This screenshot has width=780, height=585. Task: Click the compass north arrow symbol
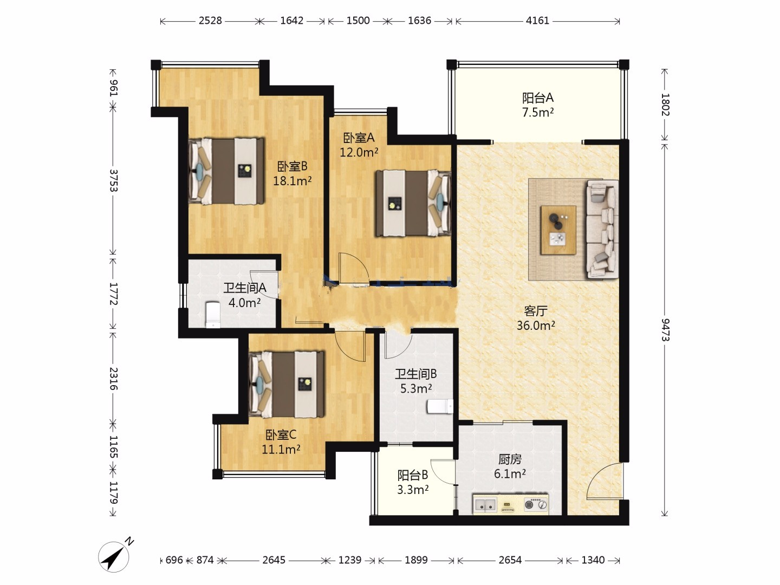[x=114, y=556]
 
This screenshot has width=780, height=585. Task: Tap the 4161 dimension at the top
[x=537, y=21]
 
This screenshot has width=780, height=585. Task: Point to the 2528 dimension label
[x=210, y=21]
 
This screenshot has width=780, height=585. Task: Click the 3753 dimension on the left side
[x=113, y=180]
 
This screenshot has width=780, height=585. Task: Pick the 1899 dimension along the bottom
[x=416, y=560]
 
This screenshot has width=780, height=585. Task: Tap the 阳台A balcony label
[x=538, y=97]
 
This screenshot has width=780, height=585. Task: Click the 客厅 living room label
[x=536, y=311]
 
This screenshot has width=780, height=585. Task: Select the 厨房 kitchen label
[x=510, y=460]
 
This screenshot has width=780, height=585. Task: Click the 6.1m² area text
[x=510, y=474]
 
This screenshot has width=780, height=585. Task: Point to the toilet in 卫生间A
[x=213, y=314]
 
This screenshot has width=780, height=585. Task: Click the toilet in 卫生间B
[x=440, y=407]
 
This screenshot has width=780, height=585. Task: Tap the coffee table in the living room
[x=558, y=230]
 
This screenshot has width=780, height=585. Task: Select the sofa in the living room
[x=602, y=229]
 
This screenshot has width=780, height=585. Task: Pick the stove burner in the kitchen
[x=536, y=504]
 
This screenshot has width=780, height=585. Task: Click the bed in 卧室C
[x=287, y=385]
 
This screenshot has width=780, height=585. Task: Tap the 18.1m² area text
[x=292, y=181]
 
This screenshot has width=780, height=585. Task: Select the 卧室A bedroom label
[x=359, y=138]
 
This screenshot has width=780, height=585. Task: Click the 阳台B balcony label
[x=413, y=475]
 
